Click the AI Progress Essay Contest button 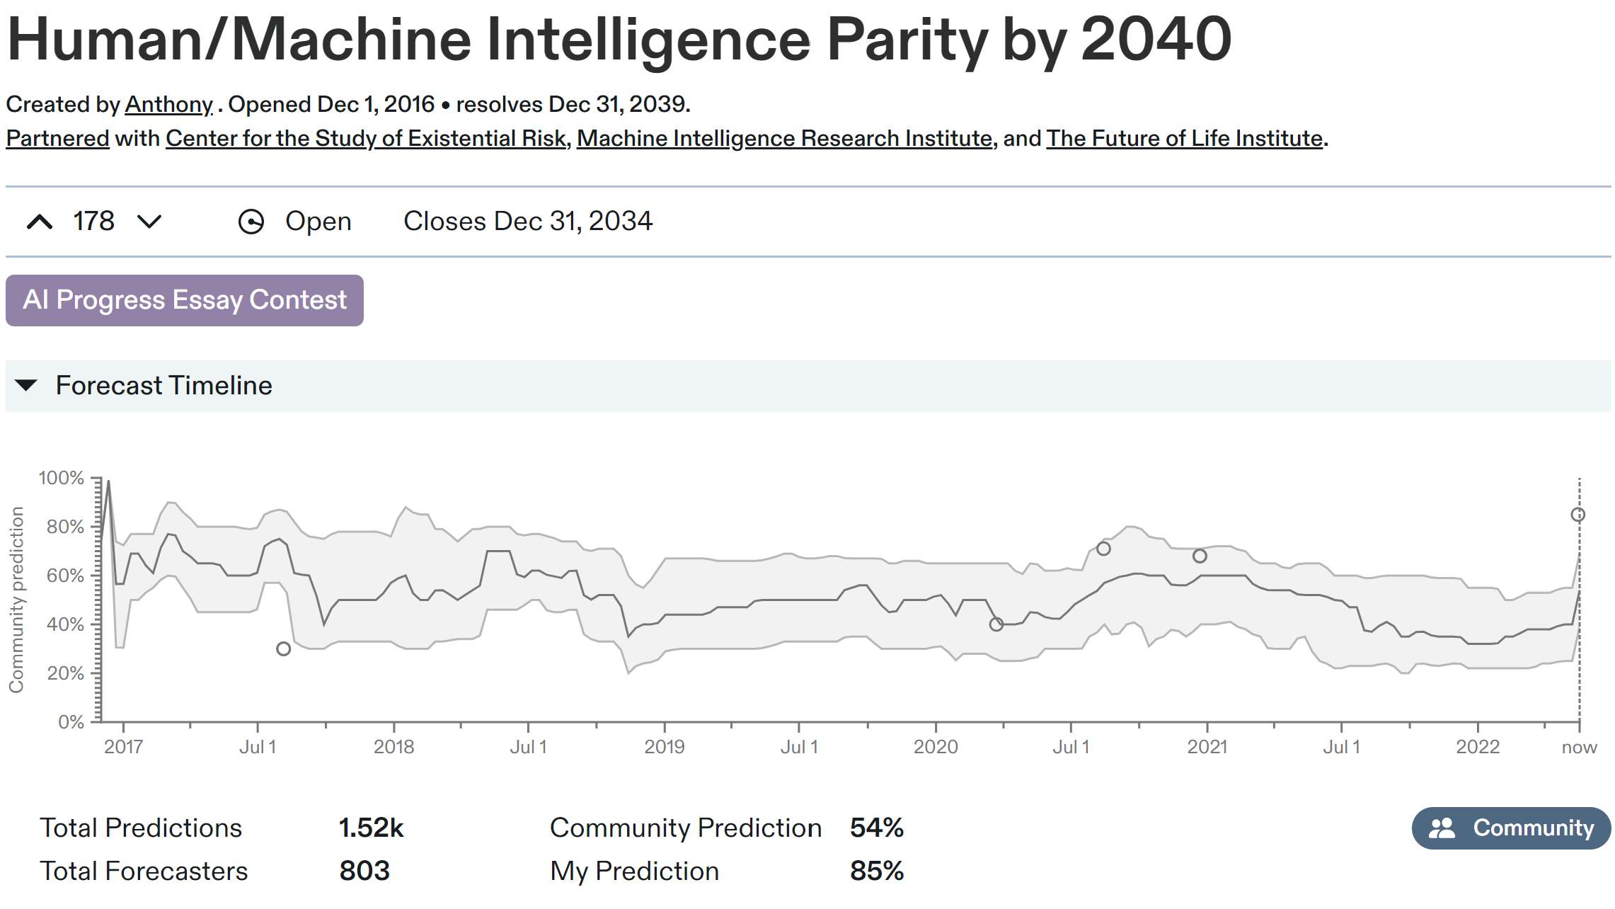tap(184, 300)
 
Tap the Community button tap(1511, 828)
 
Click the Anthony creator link tap(168, 104)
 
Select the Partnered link tap(57, 138)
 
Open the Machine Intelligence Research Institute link tap(784, 138)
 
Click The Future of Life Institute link tap(1184, 138)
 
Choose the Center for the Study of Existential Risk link tap(366, 138)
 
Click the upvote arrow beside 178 tap(40, 222)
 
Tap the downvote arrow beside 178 tap(149, 222)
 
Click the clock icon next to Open tap(251, 222)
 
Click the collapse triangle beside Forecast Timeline tap(26, 386)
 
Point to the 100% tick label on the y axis tap(62, 478)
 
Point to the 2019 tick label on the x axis tap(664, 747)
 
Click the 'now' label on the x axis tap(1579, 747)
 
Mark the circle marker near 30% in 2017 tap(283, 648)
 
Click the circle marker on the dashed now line tap(1578, 515)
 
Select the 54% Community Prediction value tap(876, 828)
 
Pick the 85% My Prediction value tap(876, 871)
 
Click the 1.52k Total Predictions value tap(371, 828)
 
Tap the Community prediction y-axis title tap(16, 600)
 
